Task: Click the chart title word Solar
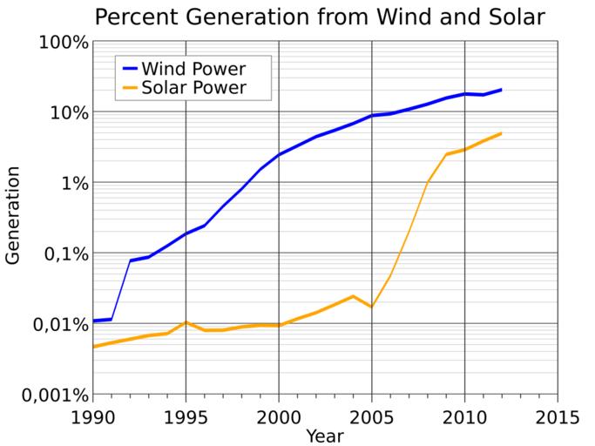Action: pos(470,17)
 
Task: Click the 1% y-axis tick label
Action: pos(71,183)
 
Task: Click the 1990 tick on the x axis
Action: pos(93,415)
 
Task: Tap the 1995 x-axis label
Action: pos(186,415)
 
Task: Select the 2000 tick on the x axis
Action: pos(279,415)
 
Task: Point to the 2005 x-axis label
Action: pos(372,415)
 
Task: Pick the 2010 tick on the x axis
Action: pos(464,415)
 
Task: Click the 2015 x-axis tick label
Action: pos(558,415)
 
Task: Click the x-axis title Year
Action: pos(324,434)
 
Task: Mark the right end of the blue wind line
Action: pos(501,90)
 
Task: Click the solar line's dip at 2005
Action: pos(372,307)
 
